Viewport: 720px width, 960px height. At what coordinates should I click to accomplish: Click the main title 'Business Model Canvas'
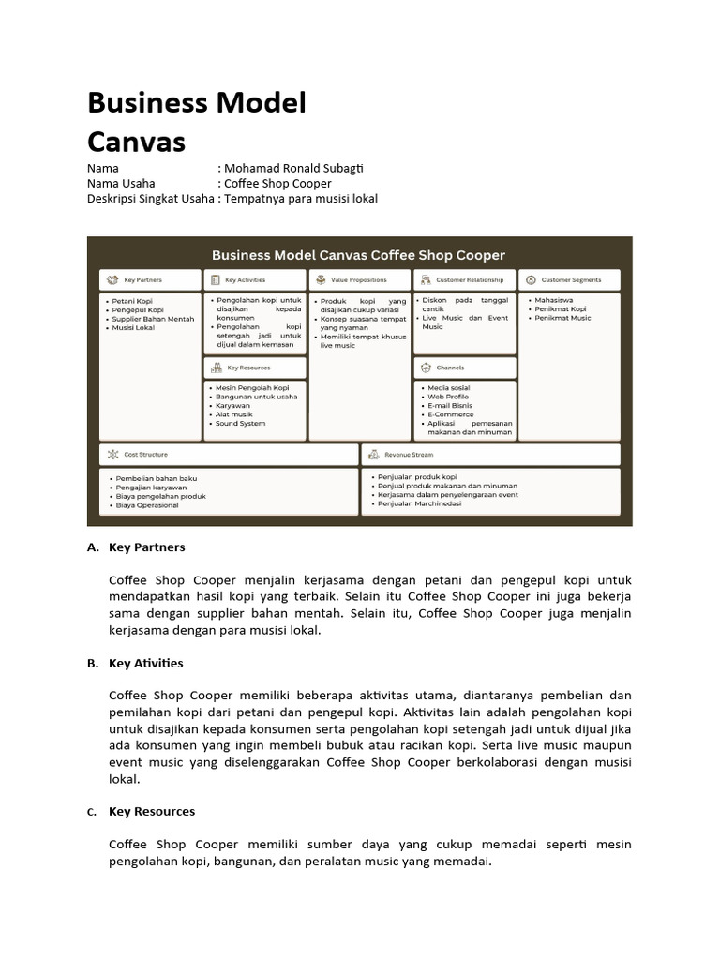pos(197,122)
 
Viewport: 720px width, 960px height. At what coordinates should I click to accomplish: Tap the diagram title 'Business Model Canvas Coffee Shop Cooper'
pos(358,255)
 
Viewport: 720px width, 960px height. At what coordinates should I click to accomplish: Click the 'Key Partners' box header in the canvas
pos(150,279)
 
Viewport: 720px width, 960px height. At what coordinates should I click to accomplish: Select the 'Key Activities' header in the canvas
pos(255,279)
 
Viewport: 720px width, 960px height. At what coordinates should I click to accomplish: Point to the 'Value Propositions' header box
pos(360,279)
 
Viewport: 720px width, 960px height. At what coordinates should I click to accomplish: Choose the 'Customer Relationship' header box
pos(465,279)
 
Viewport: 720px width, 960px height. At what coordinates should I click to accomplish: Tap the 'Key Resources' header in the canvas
pos(255,367)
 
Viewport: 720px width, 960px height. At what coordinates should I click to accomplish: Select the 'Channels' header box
pos(465,367)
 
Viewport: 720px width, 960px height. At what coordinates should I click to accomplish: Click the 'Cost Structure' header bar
pos(229,455)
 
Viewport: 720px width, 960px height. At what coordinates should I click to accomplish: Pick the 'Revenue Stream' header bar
pos(491,455)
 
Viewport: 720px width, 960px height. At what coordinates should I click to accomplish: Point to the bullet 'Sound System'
pos(240,424)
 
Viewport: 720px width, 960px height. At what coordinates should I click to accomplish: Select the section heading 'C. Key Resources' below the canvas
pos(151,811)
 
